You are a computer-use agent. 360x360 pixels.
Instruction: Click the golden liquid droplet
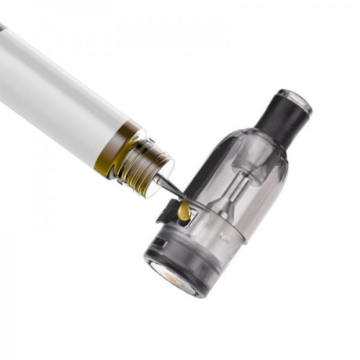coord(185,211)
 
